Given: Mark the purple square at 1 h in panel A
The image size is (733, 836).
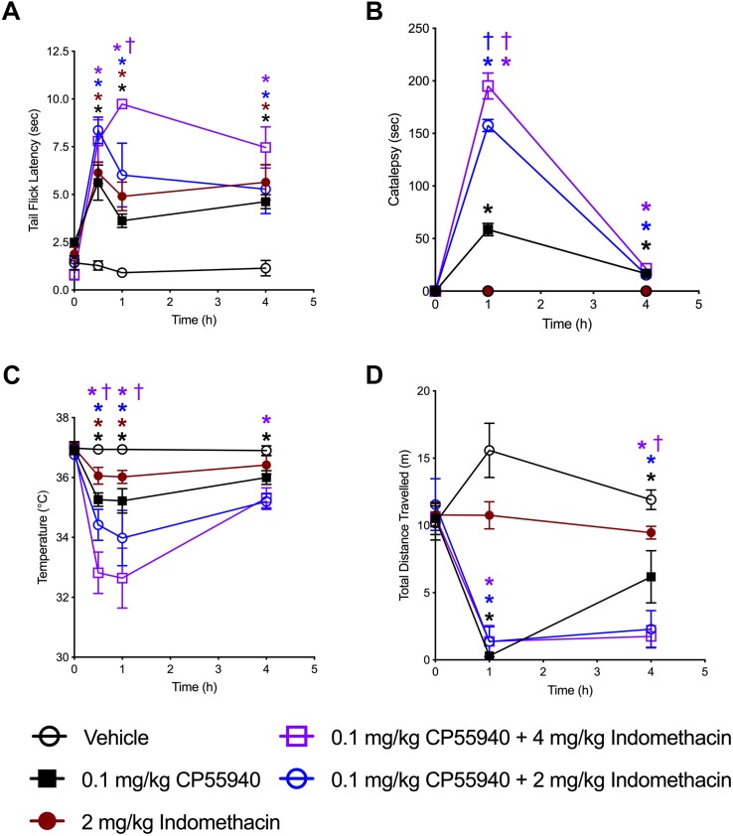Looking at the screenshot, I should tap(122, 104).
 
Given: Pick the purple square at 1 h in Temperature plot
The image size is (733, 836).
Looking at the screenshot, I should tap(122, 578).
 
